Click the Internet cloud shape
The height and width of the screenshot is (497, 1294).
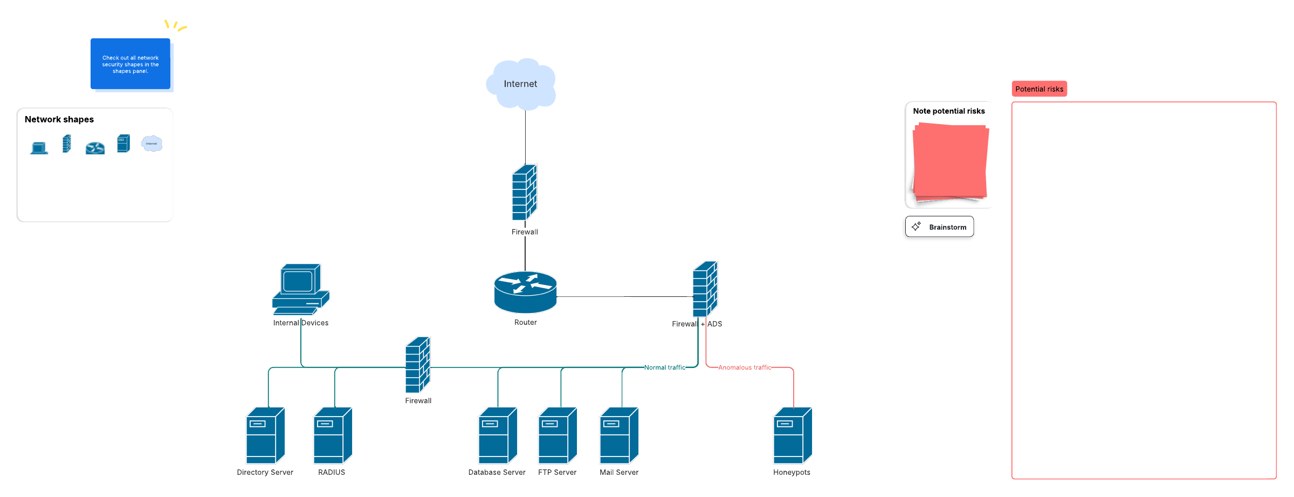point(521,84)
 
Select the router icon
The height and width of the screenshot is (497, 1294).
point(525,292)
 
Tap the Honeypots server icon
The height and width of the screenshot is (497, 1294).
point(793,435)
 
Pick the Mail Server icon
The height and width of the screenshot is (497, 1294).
point(619,435)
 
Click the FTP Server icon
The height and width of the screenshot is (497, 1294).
point(557,435)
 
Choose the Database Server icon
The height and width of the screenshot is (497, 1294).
point(498,435)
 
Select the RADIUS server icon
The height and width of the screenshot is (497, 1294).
point(333,435)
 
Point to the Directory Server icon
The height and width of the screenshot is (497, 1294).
point(265,435)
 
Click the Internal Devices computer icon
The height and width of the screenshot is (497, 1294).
point(300,289)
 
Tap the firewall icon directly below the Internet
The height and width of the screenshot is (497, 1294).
point(525,192)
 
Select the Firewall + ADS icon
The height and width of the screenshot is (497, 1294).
point(705,289)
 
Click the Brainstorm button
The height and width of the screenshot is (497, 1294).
point(939,227)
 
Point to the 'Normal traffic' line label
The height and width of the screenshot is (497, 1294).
point(665,367)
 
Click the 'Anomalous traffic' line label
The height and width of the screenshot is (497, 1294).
point(745,367)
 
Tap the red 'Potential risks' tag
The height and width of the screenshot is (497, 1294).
point(1039,89)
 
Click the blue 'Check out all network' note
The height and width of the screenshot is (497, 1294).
point(130,64)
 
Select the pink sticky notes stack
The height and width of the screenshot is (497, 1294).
point(950,161)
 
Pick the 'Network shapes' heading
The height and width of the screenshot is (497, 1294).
point(59,119)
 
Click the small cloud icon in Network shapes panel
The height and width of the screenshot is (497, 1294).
point(152,144)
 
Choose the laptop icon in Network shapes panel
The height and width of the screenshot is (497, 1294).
point(39,147)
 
